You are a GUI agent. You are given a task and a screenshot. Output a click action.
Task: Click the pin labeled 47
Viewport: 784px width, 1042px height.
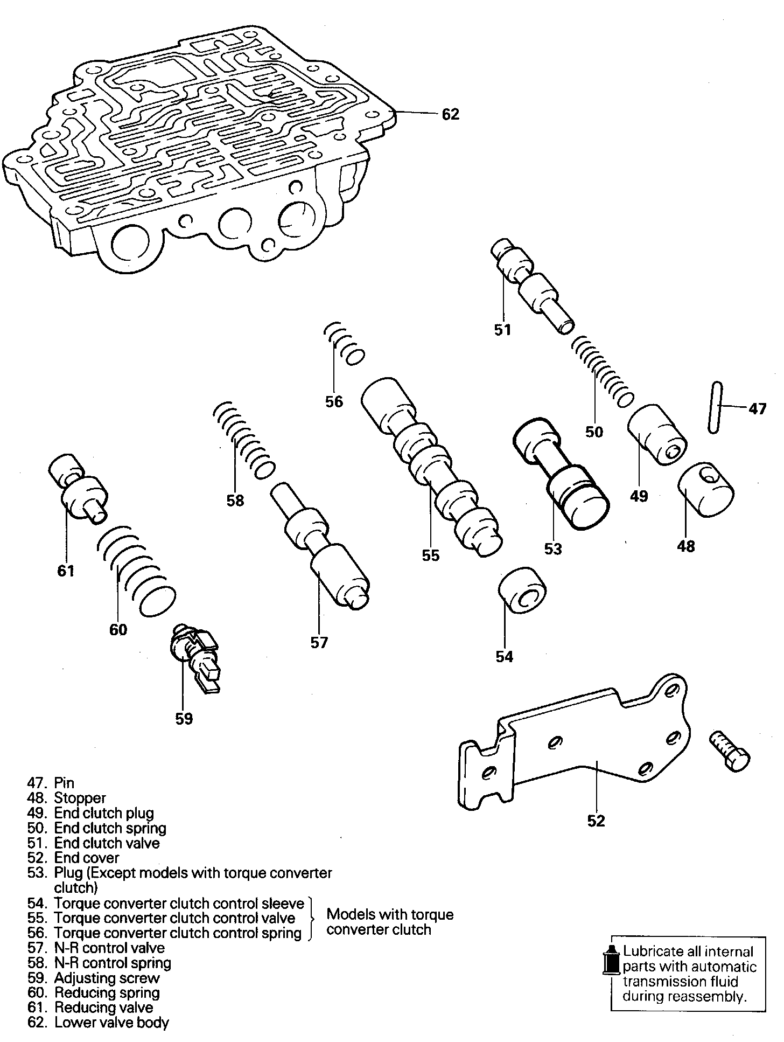(x=714, y=407)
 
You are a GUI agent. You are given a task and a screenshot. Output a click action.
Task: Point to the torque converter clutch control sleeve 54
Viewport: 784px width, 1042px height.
(x=522, y=589)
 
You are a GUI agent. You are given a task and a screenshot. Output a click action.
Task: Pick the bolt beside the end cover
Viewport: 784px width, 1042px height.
(x=730, y=752)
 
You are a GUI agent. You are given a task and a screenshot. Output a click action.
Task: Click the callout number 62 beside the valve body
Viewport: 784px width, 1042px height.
(x=450, y=114)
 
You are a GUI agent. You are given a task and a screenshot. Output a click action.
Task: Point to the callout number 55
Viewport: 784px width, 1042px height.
(x=431, y=555)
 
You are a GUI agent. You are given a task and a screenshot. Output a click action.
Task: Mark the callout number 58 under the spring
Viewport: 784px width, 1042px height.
(x=235, y=501)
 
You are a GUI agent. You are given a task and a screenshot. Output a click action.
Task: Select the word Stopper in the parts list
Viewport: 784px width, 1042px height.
(x=80, y=798)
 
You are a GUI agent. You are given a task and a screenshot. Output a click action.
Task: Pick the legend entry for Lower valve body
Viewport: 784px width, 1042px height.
(x=111, y=1023)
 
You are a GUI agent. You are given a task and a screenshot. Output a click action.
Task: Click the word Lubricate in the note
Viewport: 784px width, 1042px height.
(x=649, y=952)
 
